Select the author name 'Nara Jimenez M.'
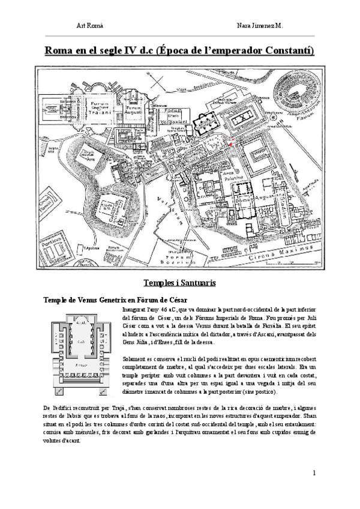(x=260, y=26)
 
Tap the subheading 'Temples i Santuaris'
(x=179, y=282)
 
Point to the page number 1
(x=314, y=473)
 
